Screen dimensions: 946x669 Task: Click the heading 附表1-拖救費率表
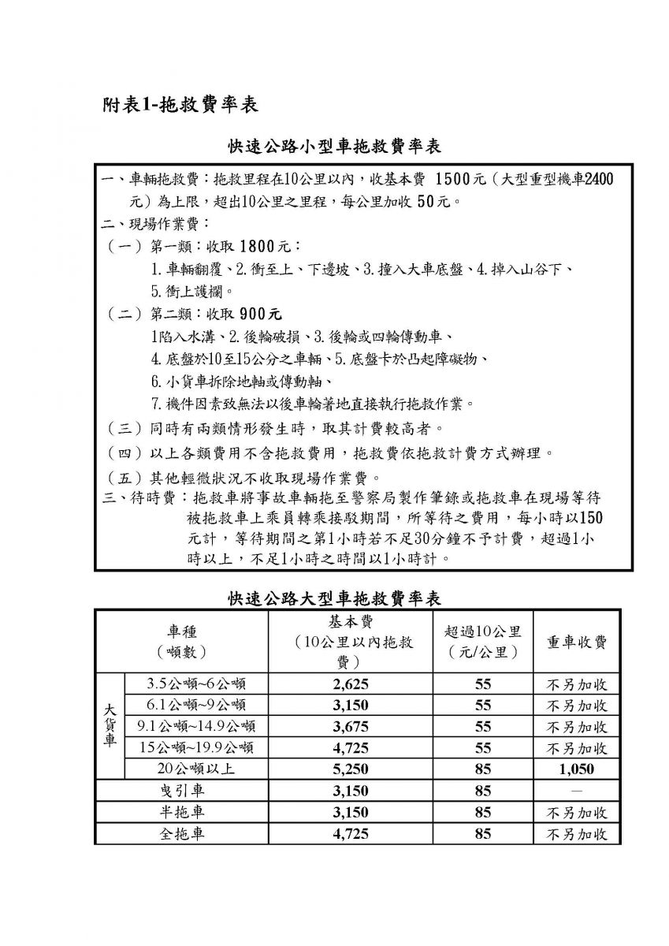click(x=180, y=105)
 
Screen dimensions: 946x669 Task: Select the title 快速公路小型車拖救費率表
click(x=334, y=147)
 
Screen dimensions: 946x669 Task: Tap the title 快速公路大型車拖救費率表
click(x=334, y=598)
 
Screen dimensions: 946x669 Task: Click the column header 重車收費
click(x=577, y=641)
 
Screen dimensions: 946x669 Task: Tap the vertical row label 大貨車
click(x=110, y=725)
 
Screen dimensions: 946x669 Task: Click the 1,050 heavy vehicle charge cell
click(x=577, y=769)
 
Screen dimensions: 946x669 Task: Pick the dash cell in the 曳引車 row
click(x=577, y=791)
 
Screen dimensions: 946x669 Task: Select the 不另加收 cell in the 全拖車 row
click(x=577, y=834)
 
